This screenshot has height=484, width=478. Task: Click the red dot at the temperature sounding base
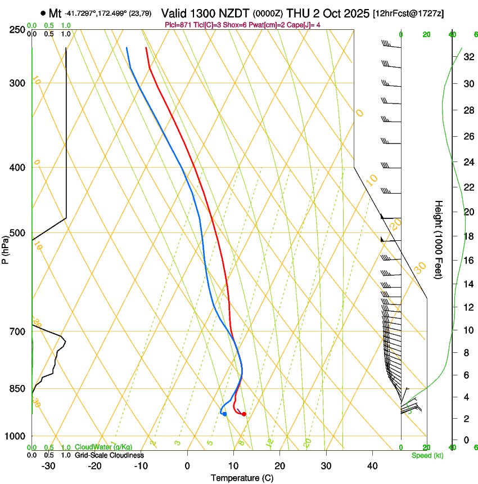click(244, 414)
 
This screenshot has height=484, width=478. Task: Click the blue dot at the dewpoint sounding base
click(224, 414)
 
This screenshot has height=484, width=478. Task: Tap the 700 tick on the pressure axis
click(17, 331)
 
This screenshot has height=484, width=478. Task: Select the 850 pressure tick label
click(17, 388)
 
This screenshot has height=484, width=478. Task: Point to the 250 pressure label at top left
click(17, 29)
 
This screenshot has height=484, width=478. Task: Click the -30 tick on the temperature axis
click(48, 466)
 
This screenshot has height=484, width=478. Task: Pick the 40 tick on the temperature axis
click(372, 466)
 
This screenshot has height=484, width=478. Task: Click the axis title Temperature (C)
click(242, 478)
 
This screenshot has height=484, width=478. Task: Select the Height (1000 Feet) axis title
click(439, 239)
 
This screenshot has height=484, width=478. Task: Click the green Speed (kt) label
click(427, 455)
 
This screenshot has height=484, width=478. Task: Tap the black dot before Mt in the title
click(43, 12)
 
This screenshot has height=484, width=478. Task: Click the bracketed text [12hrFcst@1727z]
click(408, 13)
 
